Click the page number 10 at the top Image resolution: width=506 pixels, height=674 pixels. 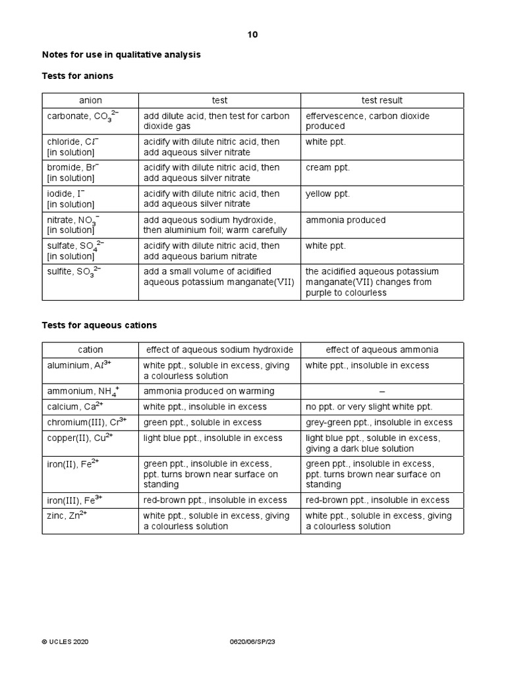pyautogui.click(x=253, y=35)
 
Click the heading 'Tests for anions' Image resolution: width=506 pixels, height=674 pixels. pyautogui.click(x=78, y=76)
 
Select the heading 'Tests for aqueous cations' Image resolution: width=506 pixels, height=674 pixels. pyautogui.click(x=99, y=325)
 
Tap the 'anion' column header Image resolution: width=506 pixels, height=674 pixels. pyautogui.click(x=90, y=100)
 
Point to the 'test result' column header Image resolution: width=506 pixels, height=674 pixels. pyautogui.click(x=382, y=100)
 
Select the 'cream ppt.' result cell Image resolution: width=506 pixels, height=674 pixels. pyautogui.click(x=327, y=168)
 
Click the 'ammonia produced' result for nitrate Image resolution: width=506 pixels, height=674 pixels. pyautogui.click(x=345, y=220)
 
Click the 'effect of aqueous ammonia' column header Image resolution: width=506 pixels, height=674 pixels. pyautogui.click(x=382, y=350)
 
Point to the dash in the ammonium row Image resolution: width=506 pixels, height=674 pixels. pyautogui.click(x=382, y=392)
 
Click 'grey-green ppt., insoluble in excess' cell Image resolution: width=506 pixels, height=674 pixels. pyautogui.click(x=379, y=423)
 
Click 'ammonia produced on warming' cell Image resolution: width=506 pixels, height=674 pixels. pyautogui.click(x=208, y=391)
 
